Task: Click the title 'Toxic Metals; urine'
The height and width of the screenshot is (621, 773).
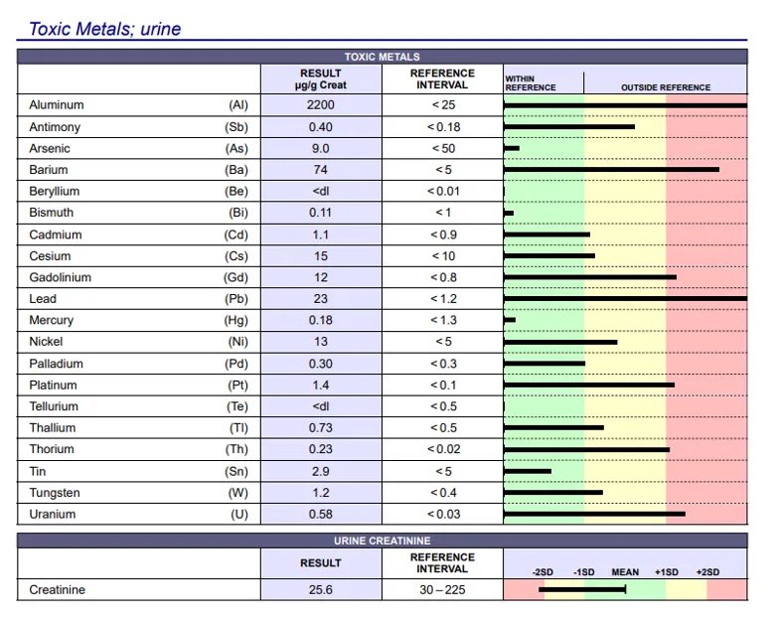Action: (x=105, y=29)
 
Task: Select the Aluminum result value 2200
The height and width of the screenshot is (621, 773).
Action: (x=321, y=105)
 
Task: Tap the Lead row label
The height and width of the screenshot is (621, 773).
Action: (x=43, y=299)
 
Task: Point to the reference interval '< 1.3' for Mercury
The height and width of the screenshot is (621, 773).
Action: (x=443, y=320)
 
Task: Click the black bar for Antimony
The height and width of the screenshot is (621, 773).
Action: (x=569, y=126)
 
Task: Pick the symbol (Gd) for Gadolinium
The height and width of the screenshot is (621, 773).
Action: (x=235, y=277)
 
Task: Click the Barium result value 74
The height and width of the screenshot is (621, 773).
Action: (x=321, y=170)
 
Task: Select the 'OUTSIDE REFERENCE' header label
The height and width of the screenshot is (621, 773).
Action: (x=666, y=87)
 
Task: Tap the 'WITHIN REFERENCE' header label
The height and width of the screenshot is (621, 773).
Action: (x=530, y=82)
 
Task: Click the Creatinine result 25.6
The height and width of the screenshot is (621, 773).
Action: (x=321, y=589)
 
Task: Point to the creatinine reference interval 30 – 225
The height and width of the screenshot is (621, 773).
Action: (x=442, y=589)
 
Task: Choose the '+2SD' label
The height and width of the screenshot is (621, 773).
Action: (x=707, y=572)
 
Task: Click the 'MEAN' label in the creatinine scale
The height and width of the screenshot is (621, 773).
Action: (x=625, y=572)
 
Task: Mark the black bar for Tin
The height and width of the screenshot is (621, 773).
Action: (x=528, y=471)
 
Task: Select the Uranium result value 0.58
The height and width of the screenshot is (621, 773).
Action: (x=321, y=514)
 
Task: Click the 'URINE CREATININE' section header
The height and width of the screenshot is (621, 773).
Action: (x=383, y=541)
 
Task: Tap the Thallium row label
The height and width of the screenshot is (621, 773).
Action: (x=53, y=428)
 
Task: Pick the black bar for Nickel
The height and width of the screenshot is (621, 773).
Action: (x=560, y=342)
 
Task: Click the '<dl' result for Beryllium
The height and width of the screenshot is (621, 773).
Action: (x=321, y=191)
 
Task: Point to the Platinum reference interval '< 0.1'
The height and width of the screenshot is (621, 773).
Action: (x=443, y=386)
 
